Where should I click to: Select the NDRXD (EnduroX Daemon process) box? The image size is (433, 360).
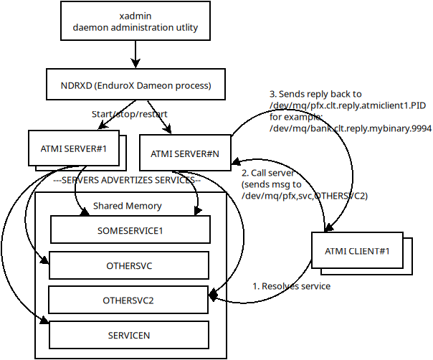point(135,85)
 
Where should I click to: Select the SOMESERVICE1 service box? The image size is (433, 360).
point(130,231)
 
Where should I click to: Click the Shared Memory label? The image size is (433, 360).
point(127,206)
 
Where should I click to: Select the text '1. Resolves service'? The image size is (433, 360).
point(292,285)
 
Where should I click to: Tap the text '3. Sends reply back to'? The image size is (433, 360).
point(315,94)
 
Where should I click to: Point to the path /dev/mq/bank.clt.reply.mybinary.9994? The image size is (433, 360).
point(350,128)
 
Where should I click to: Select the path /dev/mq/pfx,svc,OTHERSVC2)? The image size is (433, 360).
point(304,196)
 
